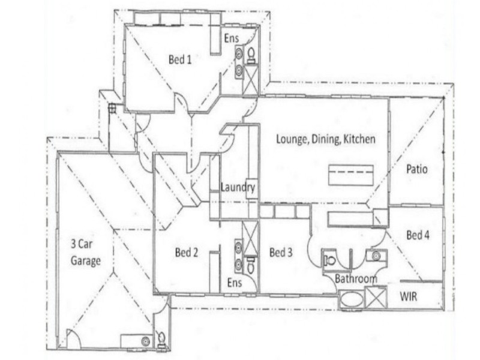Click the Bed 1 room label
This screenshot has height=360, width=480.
tap(180, 59)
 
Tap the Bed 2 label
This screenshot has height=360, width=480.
tap(187, 253)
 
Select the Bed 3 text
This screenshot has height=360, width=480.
tap(281, 253)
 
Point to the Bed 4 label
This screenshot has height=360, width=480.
tap(418, 235)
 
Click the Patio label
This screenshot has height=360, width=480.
tap(416, 169)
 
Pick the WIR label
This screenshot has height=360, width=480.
tap(409, 296)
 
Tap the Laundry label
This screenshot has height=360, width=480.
tap(238, 187)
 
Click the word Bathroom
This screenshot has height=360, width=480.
tap(356, 279)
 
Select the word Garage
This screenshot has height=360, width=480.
tap(86, 261)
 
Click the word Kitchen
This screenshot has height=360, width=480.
tap(359, 139)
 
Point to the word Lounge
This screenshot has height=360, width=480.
tap(292, 139)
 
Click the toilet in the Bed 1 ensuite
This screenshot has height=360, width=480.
tap(251, 55)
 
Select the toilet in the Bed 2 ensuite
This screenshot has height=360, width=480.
tap(251, 265)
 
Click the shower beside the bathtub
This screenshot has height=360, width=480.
tap(376, 296)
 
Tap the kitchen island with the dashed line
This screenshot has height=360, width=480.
tap(351, 175)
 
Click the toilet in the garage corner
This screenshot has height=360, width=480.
tap(161, 339)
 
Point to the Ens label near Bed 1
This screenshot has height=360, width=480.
tap(232, 38)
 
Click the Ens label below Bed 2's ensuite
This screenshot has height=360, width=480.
tap(235, 283)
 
